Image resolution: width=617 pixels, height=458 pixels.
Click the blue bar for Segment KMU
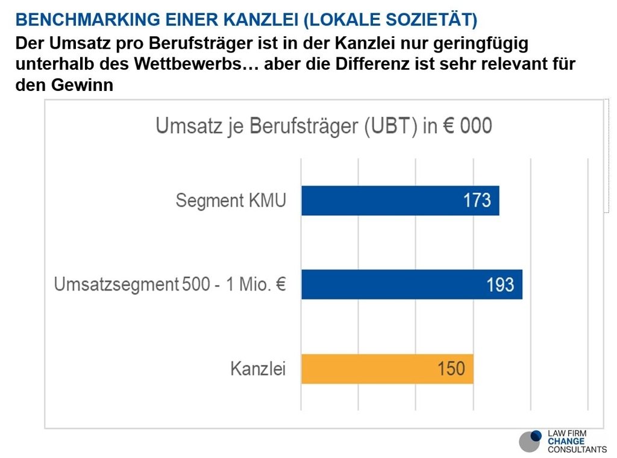tap(400, 201)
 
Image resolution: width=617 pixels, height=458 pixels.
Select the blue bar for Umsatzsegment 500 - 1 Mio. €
tap(412, 284)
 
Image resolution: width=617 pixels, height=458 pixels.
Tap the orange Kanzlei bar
tap(387, 369)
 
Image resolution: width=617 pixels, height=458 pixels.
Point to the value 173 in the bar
tap(477, 200)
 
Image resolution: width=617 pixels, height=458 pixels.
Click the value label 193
tap(500, 284)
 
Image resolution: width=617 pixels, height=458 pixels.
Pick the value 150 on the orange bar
tap(451, 369)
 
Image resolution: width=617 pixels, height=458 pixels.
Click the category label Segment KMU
tap(231, 201)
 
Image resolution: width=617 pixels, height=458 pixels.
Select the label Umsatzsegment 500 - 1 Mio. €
tap(170, 284)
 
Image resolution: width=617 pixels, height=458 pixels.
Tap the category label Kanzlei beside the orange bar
tap(258, 369)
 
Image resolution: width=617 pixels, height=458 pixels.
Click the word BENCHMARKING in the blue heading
tap(88, 20)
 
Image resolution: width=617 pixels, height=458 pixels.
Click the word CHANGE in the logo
tap(566, 442)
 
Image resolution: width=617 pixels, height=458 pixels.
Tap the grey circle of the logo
tap(529, 442)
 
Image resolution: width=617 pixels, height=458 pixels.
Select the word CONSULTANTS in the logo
tap(577, 450)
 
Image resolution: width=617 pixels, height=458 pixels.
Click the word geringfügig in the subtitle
tap(481, 44)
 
